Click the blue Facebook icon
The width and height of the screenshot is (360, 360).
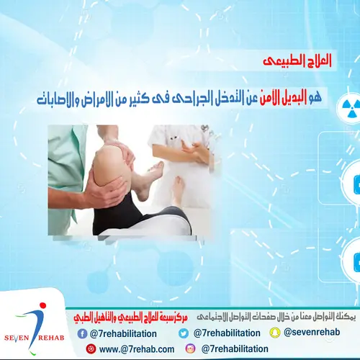click(81, 333)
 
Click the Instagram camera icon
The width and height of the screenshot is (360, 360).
click(190, 348)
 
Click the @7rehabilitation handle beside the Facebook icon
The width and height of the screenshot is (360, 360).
click(125, 333)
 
